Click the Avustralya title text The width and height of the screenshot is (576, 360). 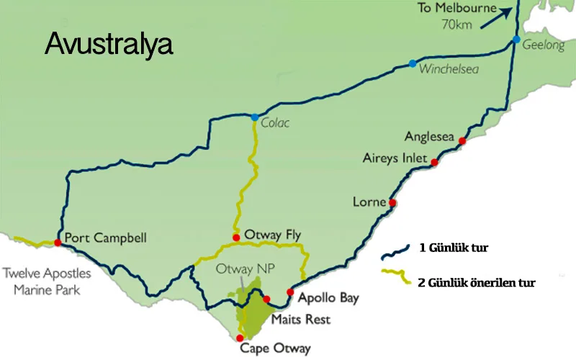(x=109, y=44)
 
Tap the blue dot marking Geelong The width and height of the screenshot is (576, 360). (x=517, y=39)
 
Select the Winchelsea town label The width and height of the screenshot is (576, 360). (x=449, y=70)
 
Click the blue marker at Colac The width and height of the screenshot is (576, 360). (x=255, y=117)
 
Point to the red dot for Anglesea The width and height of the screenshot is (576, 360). (x=463, y=140)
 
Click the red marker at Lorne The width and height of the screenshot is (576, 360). (x=392, y=203)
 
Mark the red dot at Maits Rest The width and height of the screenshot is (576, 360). (x=266, y=299)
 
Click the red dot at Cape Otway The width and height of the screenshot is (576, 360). (x=239, y=337)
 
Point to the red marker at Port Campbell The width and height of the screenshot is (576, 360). (x=58, y=242)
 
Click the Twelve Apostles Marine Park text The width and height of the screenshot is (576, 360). (x=47, y=282)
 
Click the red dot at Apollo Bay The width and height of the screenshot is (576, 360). (x=289, y=292)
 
